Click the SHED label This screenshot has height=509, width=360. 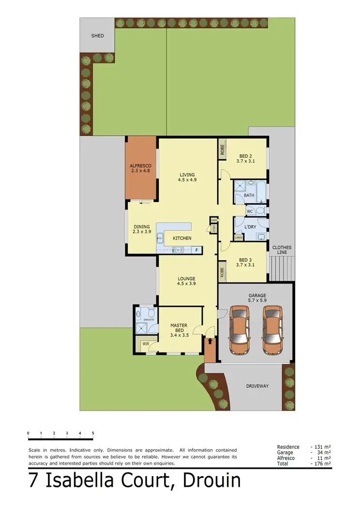(x=98, y=36)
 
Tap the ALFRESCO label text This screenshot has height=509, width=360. (x=140, y=165)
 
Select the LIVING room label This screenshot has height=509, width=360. (x=187, y=175)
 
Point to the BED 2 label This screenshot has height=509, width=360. (x=246, y=156)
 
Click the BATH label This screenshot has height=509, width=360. (x=249, y=195)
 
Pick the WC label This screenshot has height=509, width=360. (x=250, y=211)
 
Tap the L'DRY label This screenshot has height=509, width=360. (x=250, y=227)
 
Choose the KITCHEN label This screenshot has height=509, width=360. (x=182, y=238)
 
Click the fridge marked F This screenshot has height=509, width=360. (x=197, y=250)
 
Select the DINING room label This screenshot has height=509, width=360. (x=142, y=226)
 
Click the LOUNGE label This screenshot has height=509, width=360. (x=186, y=279)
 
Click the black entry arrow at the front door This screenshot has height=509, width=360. (x=210, y=341)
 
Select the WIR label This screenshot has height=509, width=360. (x=145, y=344)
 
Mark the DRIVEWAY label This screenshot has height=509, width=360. (x=257, y=386)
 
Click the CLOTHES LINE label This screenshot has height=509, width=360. (x=282, y=250)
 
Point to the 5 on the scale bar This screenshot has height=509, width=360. (x=93, y=433)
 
